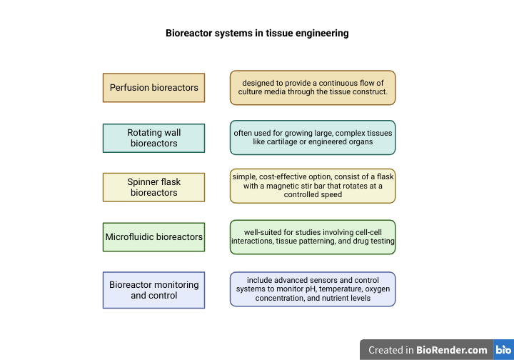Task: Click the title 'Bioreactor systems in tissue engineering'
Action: [257, 33]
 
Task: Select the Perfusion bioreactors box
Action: [153, 88]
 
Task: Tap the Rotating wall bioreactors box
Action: [153, 138]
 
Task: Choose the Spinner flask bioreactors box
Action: [153, 187]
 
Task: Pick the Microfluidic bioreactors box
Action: [153, 237]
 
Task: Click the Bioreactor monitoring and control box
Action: [153, 290]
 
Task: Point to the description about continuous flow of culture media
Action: [313, 88]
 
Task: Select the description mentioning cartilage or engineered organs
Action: [313, 137]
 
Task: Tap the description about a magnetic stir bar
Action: [313, 185]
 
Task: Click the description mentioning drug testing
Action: [313, 237]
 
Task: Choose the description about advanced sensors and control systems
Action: [313, 289]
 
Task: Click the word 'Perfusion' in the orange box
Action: [129, 88]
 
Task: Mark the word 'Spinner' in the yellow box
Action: [144, 182]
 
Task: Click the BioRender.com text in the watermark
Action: [452, 350]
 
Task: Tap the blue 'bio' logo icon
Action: [503, 350]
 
